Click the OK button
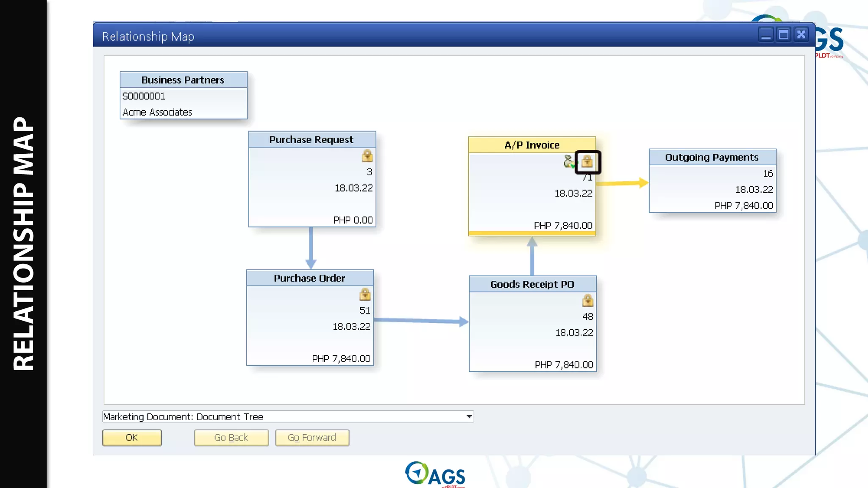coord(132,438)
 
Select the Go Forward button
coord(312,438)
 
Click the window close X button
coord(801,34)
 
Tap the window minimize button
coord(766,34)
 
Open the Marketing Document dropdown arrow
coord(469,416)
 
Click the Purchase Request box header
coord(312,140)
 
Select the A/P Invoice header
coord(532,145)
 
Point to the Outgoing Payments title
coord(712,157)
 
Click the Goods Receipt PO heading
coord(532,284)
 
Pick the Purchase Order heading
coord(309,278)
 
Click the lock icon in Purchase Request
coord(367,156)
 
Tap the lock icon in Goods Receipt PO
coord(588,300)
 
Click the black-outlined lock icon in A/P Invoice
coord(587,161)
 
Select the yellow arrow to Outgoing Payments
coord(622,183)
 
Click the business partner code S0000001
coord(144,96)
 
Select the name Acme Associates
coord(157,112)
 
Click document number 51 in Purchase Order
coord(365,311)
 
